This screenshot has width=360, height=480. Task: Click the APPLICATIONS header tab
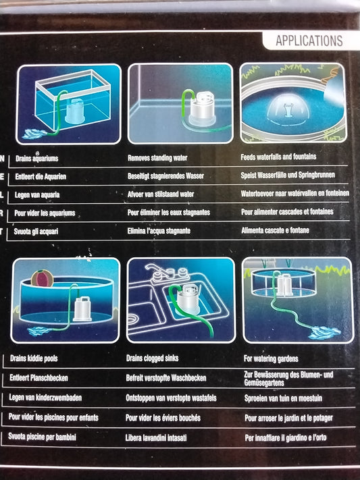309,41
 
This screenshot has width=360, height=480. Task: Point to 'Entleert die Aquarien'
48,176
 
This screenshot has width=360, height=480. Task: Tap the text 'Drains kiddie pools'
45,359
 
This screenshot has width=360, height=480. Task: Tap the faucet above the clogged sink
159,275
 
